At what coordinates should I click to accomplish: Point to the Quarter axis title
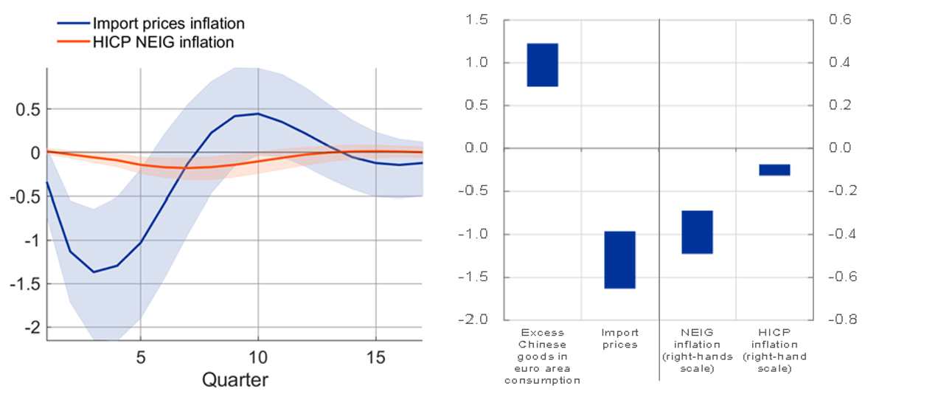(235, 381)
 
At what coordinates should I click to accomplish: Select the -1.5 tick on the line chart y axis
(28, 283)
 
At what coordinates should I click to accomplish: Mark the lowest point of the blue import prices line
(94, 272)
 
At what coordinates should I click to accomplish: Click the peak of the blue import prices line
(257, 114)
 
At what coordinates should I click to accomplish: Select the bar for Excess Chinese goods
(543, 65)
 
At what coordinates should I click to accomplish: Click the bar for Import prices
(619, 260)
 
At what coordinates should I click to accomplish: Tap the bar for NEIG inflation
(697, 232)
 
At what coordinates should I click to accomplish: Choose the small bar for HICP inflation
(774, 170)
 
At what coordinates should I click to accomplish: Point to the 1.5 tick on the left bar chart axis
(477, 20)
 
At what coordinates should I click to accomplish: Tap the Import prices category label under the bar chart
(619, 339)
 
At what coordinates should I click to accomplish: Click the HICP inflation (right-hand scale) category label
(775, 350)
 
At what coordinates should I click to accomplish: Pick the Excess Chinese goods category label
(543, 356)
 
